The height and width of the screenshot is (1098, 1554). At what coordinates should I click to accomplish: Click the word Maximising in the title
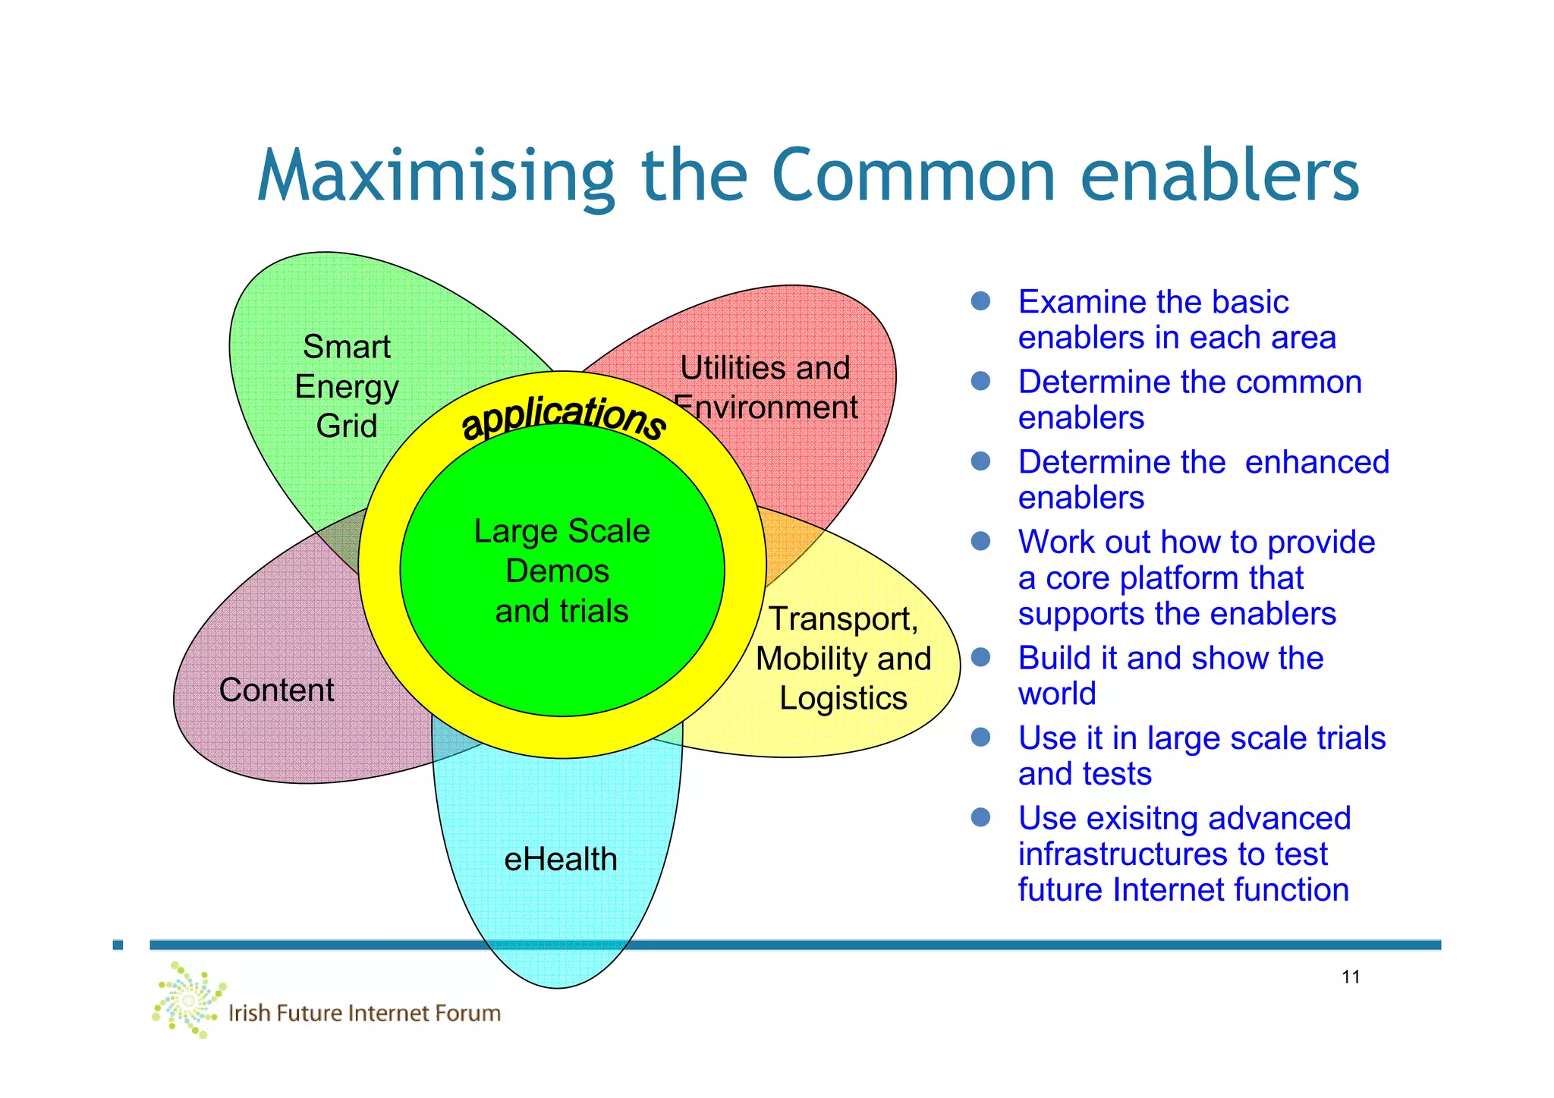[436, 176]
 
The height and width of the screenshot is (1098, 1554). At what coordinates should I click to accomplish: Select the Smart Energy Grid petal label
[347, 386]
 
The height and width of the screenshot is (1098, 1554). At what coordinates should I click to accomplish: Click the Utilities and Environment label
[765, 388]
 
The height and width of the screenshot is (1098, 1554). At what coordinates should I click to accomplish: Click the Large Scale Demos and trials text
[562, 571]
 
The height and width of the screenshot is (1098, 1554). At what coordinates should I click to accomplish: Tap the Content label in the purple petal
[276, 690]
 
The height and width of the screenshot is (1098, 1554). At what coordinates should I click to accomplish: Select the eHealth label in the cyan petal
[561, 859]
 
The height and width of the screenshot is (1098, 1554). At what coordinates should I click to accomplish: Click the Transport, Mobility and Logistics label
[843, 658]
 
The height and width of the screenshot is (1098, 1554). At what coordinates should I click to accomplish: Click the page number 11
[1351, 977]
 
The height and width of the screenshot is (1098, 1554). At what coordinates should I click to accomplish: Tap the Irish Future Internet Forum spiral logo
[188, 999]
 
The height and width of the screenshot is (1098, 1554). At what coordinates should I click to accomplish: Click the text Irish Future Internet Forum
[364, 1013]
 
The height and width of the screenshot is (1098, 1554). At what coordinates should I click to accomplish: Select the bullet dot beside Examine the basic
[980, 301]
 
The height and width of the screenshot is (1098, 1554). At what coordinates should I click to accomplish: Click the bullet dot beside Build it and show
[980, 657]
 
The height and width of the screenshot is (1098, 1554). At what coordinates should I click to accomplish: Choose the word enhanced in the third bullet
[1316, 461]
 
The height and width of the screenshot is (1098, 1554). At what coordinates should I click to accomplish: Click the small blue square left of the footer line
[118, 945]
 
